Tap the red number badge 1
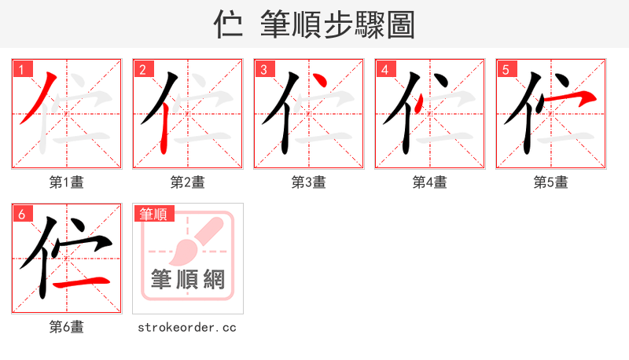click(22, 70)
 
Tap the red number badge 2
click(143, 70)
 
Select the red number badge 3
click(264, 70)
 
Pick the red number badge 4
click(385, 70)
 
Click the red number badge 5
click(506, 70)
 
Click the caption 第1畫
click(67, 182)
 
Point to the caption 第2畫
click(188, 182)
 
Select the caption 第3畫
click(309, 182)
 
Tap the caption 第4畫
click(430, 182)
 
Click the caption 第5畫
click(551, 182)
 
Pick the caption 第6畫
click(67, 327)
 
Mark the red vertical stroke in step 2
click(163, 130)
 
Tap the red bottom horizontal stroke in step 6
click(83, 281)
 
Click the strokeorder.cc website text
click(187, 327)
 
